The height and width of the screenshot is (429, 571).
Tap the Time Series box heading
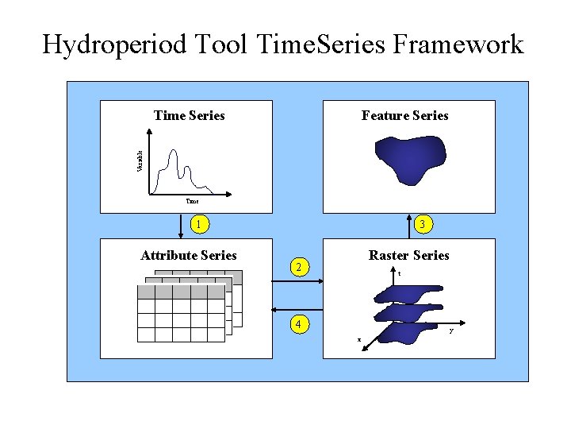coord(189,116)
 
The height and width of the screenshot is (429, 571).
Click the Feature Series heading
coord(404,116)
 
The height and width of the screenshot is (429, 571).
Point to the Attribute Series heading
coord(188,256)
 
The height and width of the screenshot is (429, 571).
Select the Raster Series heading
coord(408,256)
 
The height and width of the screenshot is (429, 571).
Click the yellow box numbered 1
coord(201,225)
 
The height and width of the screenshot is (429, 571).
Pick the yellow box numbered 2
coord(297,267)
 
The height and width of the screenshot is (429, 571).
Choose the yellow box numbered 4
coord(297,324)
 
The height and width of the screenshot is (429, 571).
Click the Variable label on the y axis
coord(140,161)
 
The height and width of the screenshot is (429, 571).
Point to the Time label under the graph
coord(192,202)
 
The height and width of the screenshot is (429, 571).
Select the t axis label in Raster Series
coord(400,274)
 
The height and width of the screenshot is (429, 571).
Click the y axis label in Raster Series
coord(451,330)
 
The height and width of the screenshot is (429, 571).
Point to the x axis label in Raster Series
coord(358,340)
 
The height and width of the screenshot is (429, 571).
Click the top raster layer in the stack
coord(404,294)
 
